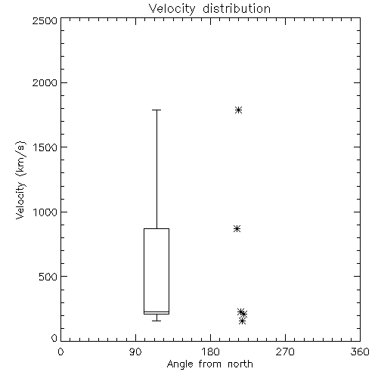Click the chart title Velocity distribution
click(x=209, y=9)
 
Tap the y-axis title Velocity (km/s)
click(x=20, y=180)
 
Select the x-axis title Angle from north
click(x=210, y=364)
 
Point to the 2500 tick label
click(x=45, y=20)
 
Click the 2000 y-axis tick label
click(x=45, y=83)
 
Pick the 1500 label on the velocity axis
click(x=45, y=147)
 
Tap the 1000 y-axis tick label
click(x=45, y=212)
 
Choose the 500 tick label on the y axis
click(x=48, y=277)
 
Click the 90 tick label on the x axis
click(x=135, y=352)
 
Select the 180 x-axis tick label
click(x=210, y=352)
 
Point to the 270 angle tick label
click(x=285, y=352)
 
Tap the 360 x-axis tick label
click(x=360, y=352)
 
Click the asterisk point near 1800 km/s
click(x=238, y=110)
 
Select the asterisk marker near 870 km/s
click(x=237, y=229)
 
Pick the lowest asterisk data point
click(x=242, y=321)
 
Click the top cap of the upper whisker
click(x=156, y=110)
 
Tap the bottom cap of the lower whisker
click(x=156, y=321)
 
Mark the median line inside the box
click(x=156, y=312)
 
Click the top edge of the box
click(x=156, y=228)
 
